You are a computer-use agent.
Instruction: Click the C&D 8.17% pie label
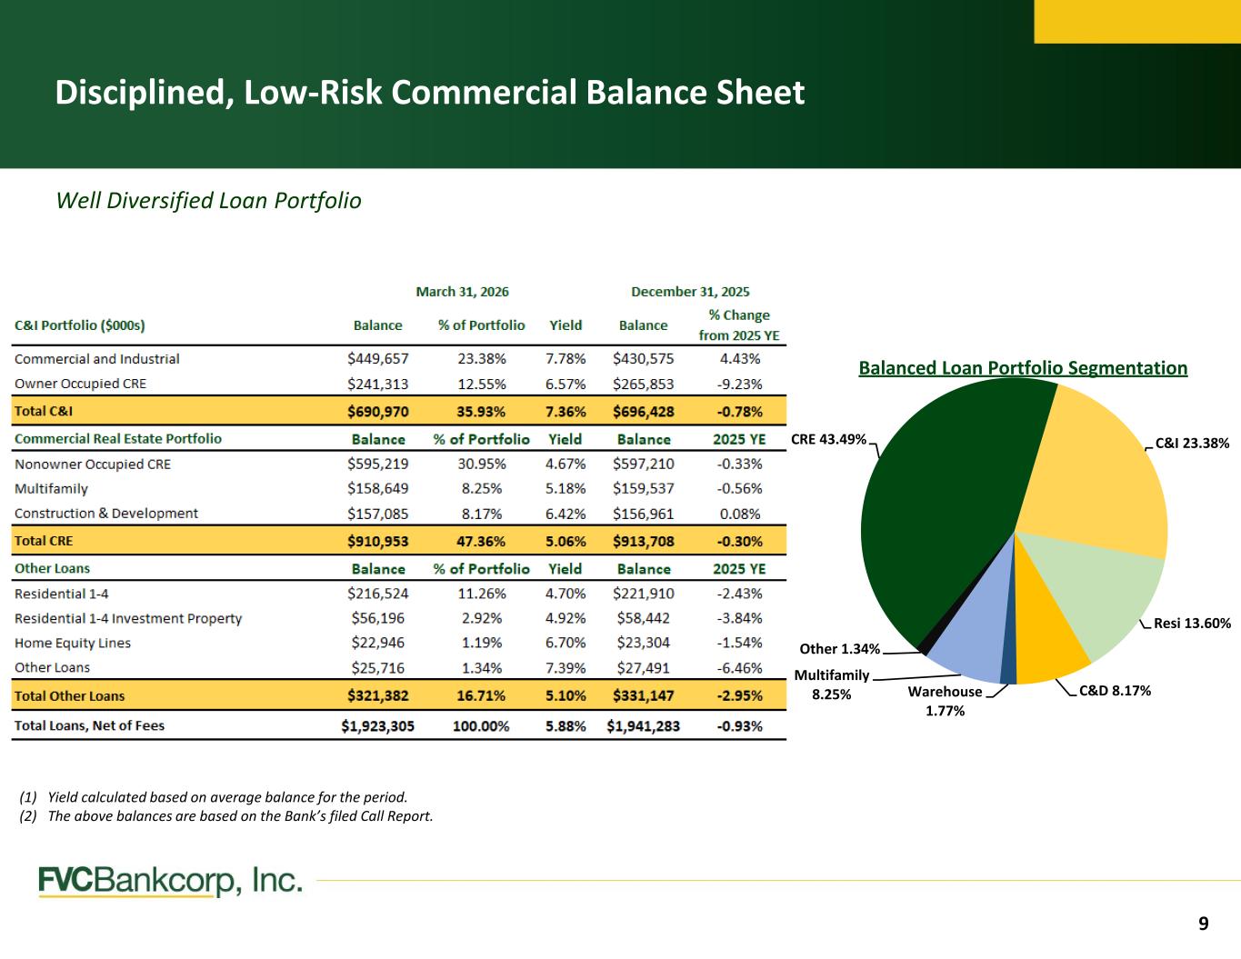pyautogui.click(x=1115, y=691)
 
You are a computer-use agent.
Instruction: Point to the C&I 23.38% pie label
pyautogui.click(x=1192, y=443)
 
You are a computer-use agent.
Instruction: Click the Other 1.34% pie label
pyautogui.click(x=839, y=648)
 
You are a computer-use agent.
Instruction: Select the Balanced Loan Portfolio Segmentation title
pyautogui.click(x=1023, y=367)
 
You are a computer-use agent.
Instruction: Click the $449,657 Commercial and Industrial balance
pyautogui.click(x=378, y=358)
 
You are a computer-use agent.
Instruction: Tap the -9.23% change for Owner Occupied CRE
pyautogui.click(x=739, y=384)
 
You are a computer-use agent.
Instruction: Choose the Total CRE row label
pyautogui.click(x=44, y=541)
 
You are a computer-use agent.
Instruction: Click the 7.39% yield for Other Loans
pyautogui.click(x=565, y=667)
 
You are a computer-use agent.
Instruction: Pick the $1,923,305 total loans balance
pyautogui.click(x=377, y=725)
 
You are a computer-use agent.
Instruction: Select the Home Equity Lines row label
pyautogui.click(x=73, y=643)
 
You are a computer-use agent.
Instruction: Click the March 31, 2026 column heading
pyautogui.click(x=462, y=292)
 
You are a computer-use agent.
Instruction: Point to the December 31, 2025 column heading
pyautogui.click(x=690, y=292)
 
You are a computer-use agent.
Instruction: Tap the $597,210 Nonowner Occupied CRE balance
pyautogui.click(x=643, y=464)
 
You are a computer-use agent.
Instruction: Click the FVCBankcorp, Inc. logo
pyautogui.click(x=170, y=881)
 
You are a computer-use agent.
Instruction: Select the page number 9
pyautogui.click(x=1204, y=923)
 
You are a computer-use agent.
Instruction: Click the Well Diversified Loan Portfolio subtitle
pyautogui.click(x=208, y=200)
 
